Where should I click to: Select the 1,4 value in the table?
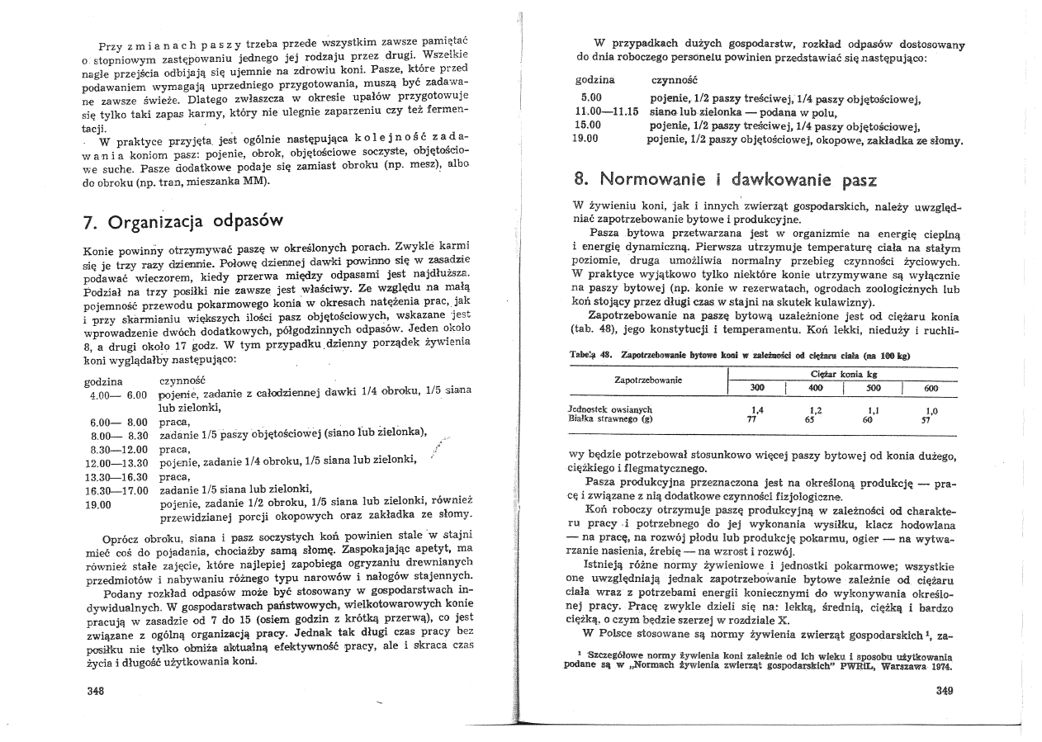tap(755, 409)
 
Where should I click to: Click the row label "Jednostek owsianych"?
tap(611, 409)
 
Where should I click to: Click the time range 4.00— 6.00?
tap(116, 395)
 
